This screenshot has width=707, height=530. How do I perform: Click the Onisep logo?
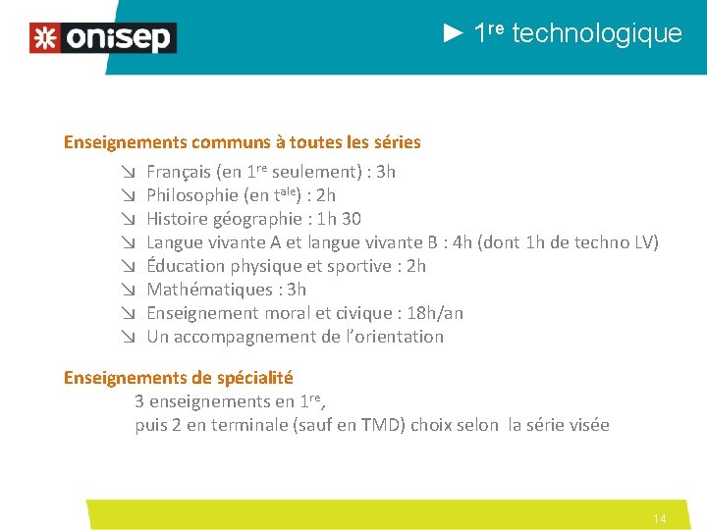pyautogui.click(x=103, y=38)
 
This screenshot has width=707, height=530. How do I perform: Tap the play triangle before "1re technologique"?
pyautogui.click(x=454, y=33)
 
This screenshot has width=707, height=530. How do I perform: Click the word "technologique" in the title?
pyautogui.click(x=597, y=34)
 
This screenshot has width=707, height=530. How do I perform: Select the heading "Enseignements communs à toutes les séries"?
pyautogui.click(x=243, y=142)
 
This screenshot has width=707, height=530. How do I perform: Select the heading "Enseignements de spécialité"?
pyautogui.click(x=179, y=378)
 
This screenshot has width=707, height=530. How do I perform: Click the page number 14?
pyautogui.click(x=660, y=518)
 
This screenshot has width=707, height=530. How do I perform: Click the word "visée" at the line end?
pyautogui.click(x=587, y=425)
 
